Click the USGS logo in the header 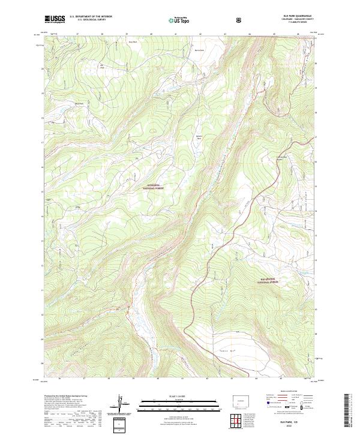pyautogui.click(x=55, y=19)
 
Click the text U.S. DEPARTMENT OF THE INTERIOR pyautogui.click(x=91, y=17)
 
